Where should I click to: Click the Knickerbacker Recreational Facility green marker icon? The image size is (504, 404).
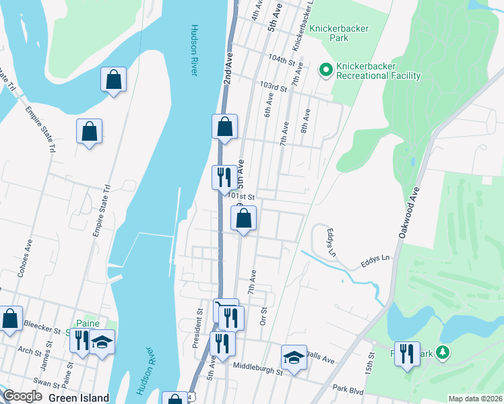click(325, 69)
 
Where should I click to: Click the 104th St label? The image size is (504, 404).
click(282, 61)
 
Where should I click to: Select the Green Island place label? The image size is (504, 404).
click(78, 397)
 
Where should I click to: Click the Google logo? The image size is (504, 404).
click(23, 397)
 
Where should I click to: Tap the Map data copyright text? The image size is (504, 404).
click(475, 399)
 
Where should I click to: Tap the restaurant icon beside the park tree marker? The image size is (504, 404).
click(406, 353)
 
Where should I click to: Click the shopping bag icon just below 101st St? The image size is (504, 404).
click(244, 218)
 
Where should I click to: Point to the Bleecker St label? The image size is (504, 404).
click(42, 324)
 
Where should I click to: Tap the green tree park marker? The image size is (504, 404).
click(443, 352)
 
